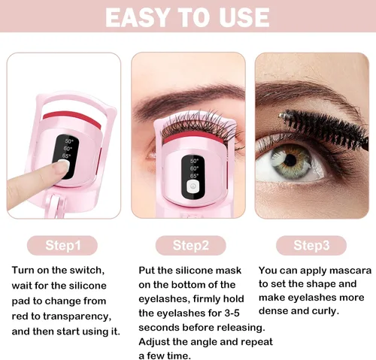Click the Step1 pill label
(62, 245)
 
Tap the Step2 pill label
(190, 245)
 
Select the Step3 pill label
(311, 245)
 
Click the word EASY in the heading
(136, 17)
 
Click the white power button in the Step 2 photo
(193, 186)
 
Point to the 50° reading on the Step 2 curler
(194, 161)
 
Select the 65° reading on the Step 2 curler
(194, 176)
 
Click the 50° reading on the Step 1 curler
(69, 141)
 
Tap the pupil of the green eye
(290, 160)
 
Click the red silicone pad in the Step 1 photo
(73, 118)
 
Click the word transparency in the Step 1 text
(77, 316)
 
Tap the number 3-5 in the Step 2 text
(232, 313)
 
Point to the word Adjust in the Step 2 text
(153, 342)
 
